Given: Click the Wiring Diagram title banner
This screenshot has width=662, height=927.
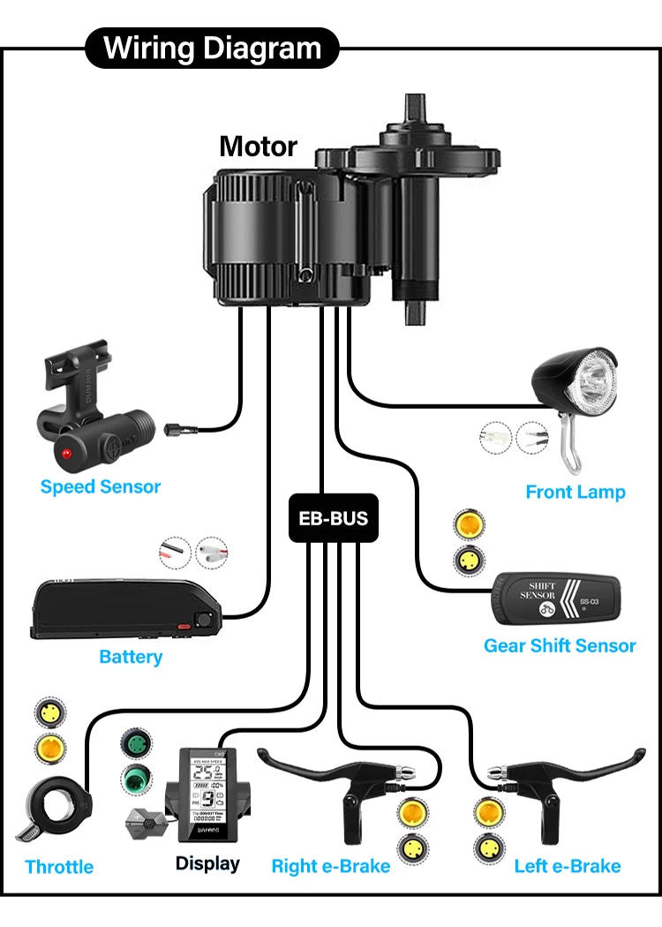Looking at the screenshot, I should (x=212, y=48).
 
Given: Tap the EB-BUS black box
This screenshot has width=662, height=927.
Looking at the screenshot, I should (x=333, y=518).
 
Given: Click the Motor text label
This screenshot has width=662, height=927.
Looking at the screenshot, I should (x=258, y=146).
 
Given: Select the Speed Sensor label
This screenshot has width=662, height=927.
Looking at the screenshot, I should (x=101, y=486).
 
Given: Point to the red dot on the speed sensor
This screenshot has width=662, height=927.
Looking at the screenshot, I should (x=66, y=453).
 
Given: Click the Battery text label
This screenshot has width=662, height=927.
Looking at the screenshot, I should (x=131, y=657).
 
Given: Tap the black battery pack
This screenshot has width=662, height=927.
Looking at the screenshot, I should (x=124, y=610).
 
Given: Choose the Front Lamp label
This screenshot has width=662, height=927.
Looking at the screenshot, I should (x=575, y=492).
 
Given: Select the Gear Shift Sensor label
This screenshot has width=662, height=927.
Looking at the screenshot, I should (x=560, y=645).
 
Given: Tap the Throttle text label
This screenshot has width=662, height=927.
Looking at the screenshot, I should (x=59, y=866).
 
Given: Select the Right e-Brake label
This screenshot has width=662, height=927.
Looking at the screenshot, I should (x=330, y=866).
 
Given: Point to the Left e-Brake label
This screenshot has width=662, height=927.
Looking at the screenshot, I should (x=568, y=866).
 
